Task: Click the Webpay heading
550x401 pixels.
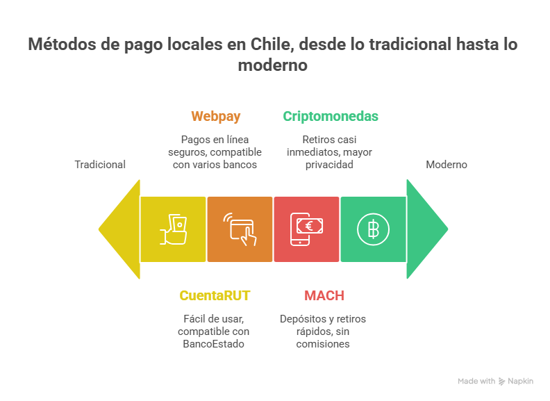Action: pos(216,116)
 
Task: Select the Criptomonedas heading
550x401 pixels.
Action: pos(331,116)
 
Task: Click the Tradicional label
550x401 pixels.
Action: pos(101,165)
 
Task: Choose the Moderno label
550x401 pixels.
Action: pos(447,165)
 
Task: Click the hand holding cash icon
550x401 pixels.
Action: pos(174,229)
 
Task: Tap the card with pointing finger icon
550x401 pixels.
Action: pos(240,229)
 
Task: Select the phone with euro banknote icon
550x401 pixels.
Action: pos(306,229)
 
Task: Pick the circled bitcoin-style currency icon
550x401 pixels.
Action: pos(373,229)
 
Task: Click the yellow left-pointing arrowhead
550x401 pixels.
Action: pos(119,229)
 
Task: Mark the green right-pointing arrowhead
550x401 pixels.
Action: pos(427,229)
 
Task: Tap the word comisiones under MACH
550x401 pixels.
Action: pos(323,343)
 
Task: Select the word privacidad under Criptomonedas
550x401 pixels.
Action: pos(330,165)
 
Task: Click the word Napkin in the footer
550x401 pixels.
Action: pos(520,382)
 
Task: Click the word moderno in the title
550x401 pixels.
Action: pos(272,65)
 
